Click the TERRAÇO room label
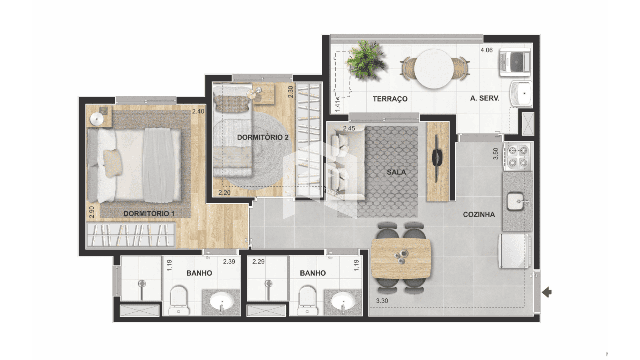[390, 99]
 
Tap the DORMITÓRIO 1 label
[149, 213]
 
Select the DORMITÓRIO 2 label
[263, 137]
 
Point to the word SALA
[396, 172]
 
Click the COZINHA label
[479, 215]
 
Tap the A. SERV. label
[485, 98]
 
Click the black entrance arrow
[547, 293]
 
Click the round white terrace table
[434, 69]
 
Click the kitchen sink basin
[515, 201]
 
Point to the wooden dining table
[401, 259]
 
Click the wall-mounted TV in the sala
[437, 158]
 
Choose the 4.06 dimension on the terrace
[486, 50]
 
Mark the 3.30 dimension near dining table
[382, 301]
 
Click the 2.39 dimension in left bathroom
[229, 262]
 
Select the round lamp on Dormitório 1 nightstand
[97, 119]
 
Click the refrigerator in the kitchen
[514, 251]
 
